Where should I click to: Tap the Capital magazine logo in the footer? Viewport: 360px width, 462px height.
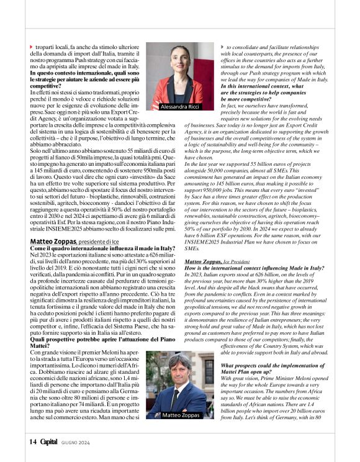click(49, 442)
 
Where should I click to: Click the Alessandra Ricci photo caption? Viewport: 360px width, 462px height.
click(181, 107)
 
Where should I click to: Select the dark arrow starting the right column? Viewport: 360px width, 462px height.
click(223, 47)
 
